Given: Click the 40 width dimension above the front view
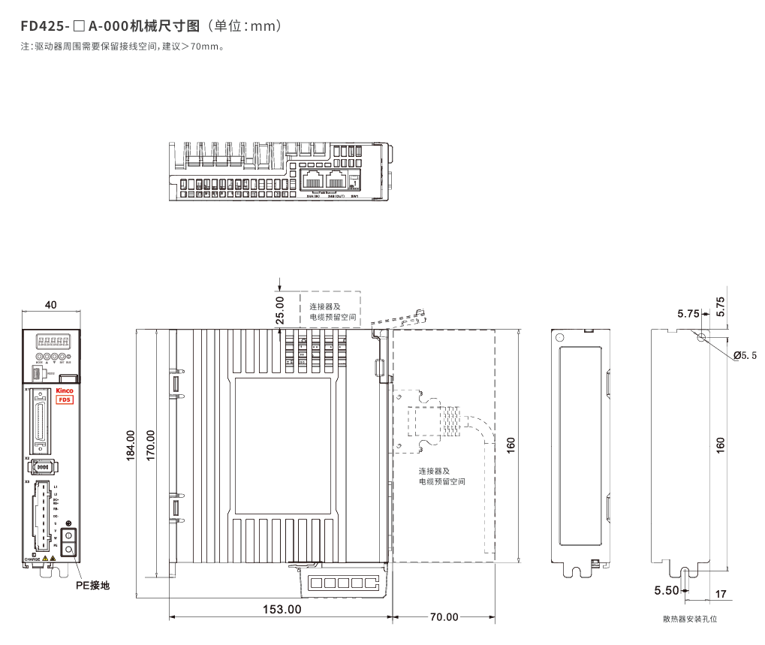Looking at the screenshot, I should click(51, 305).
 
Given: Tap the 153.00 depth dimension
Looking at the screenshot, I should click(281, 610).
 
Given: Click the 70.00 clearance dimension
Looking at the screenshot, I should click(444, 617).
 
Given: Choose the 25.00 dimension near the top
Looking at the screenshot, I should click(280, 309).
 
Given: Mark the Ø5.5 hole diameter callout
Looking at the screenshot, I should click(744, 355).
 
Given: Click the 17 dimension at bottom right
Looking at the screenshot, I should click(721, 595).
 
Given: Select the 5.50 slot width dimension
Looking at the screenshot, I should click(667, 591).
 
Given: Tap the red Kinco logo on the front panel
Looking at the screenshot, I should click(65, 392).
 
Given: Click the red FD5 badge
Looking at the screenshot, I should click(65, 401).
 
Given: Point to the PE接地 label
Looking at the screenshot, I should click(92, 585).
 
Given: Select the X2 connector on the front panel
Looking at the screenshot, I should click(44, 467).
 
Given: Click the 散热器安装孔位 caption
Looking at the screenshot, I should click(690, 619).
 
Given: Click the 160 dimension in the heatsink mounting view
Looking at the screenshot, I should click(721, 445).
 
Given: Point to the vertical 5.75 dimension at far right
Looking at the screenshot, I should click(721, 306).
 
